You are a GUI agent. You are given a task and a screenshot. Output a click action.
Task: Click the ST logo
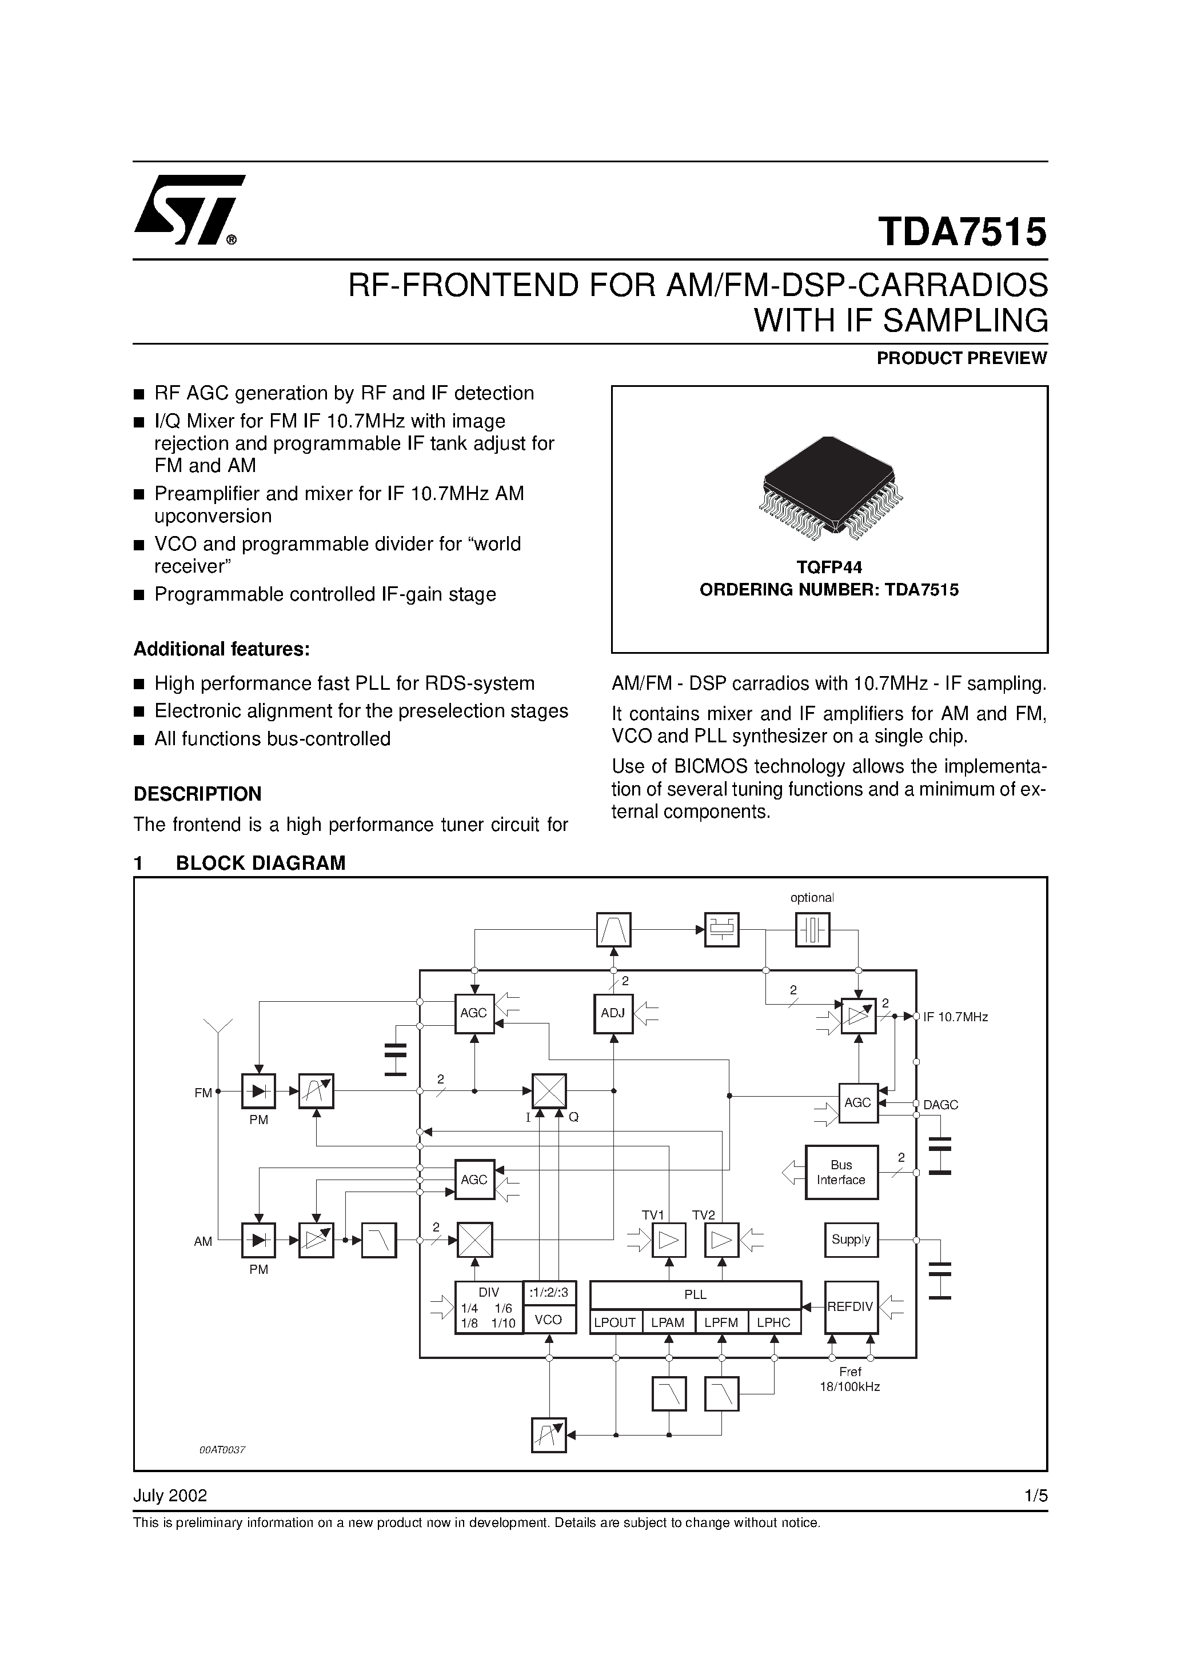tap(189, 210)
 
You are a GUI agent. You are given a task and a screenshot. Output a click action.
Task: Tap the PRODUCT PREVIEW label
tap(961, 358)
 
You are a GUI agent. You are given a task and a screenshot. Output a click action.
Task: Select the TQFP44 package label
tap(829, 567)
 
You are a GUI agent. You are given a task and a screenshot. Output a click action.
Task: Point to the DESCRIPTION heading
tap(197, 793)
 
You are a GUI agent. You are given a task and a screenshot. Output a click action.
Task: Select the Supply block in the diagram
tap(851, 1240)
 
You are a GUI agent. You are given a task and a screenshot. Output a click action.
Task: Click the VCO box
tap(548, 1320)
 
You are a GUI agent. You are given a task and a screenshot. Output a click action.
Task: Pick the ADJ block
tap(613, 1012)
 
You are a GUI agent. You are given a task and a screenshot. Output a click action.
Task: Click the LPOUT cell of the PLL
tap(615, 1322)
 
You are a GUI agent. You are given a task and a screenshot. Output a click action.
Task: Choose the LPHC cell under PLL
tap(773, 1322)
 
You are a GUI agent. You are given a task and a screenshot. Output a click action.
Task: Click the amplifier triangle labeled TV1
tap(668, 1240)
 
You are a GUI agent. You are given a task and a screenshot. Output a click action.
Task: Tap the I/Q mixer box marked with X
tap(548, 1091)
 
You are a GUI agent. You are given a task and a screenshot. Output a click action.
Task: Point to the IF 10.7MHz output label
tap(955, 1017)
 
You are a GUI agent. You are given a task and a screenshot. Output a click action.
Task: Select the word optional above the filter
tap(812, 897)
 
